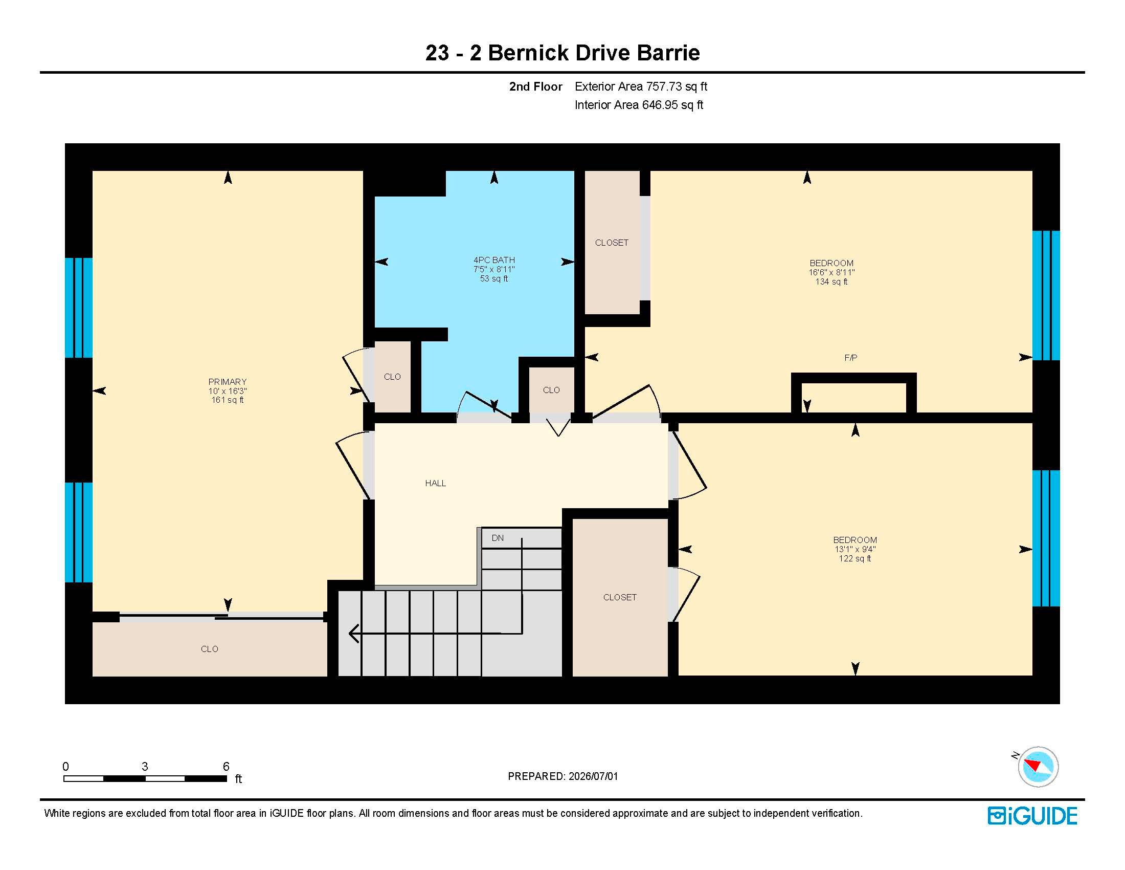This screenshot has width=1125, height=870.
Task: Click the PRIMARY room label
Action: pos(227,381)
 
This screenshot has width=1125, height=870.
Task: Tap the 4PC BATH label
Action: pos(494,260)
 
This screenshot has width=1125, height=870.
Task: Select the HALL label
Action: pos(435,483)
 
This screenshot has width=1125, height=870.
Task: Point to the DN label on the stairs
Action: pos(498,537)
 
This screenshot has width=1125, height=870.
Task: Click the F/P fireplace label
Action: pos(850,357)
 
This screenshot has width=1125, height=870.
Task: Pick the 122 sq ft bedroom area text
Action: pos(854,558)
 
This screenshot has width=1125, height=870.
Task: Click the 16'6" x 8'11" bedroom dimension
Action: pos(831,272)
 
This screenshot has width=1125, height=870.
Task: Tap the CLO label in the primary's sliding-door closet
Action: pos(209,649)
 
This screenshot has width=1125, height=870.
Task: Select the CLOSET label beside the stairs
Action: pos(620,597)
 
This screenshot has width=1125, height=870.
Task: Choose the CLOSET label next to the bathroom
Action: pos(612,242)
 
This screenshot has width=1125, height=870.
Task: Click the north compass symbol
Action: pos(1038,767)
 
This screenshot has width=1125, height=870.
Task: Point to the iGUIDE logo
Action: pos(1032,815)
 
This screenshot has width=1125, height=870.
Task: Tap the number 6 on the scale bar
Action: pos(226,766)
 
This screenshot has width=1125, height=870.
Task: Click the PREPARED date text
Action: pos(562,776)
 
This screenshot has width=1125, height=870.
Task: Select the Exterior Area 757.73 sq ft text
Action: pos(641,86)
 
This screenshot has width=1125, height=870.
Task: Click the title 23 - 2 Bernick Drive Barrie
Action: pos(562,53)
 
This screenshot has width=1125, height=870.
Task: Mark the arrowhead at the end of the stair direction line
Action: pos(353,633)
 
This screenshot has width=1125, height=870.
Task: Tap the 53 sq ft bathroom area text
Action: pos(494,278)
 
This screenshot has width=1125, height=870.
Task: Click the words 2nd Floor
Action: pos(536,86)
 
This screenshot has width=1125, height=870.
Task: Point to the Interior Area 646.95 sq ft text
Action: pos(639,105)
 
